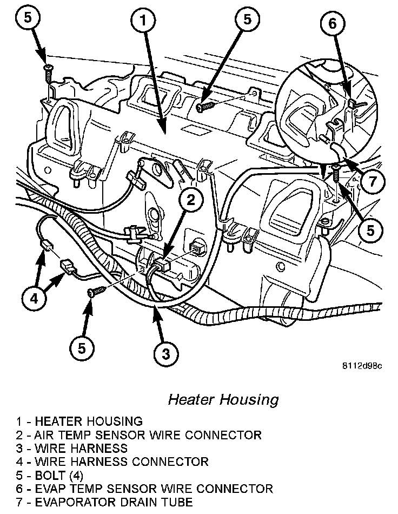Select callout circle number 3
(x=166, y=353)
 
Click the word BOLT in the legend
(x=50, y=476)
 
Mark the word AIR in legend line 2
(x=45, y=434)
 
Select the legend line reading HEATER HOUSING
(x=80, y=421)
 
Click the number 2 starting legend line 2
(x=19, y=434)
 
